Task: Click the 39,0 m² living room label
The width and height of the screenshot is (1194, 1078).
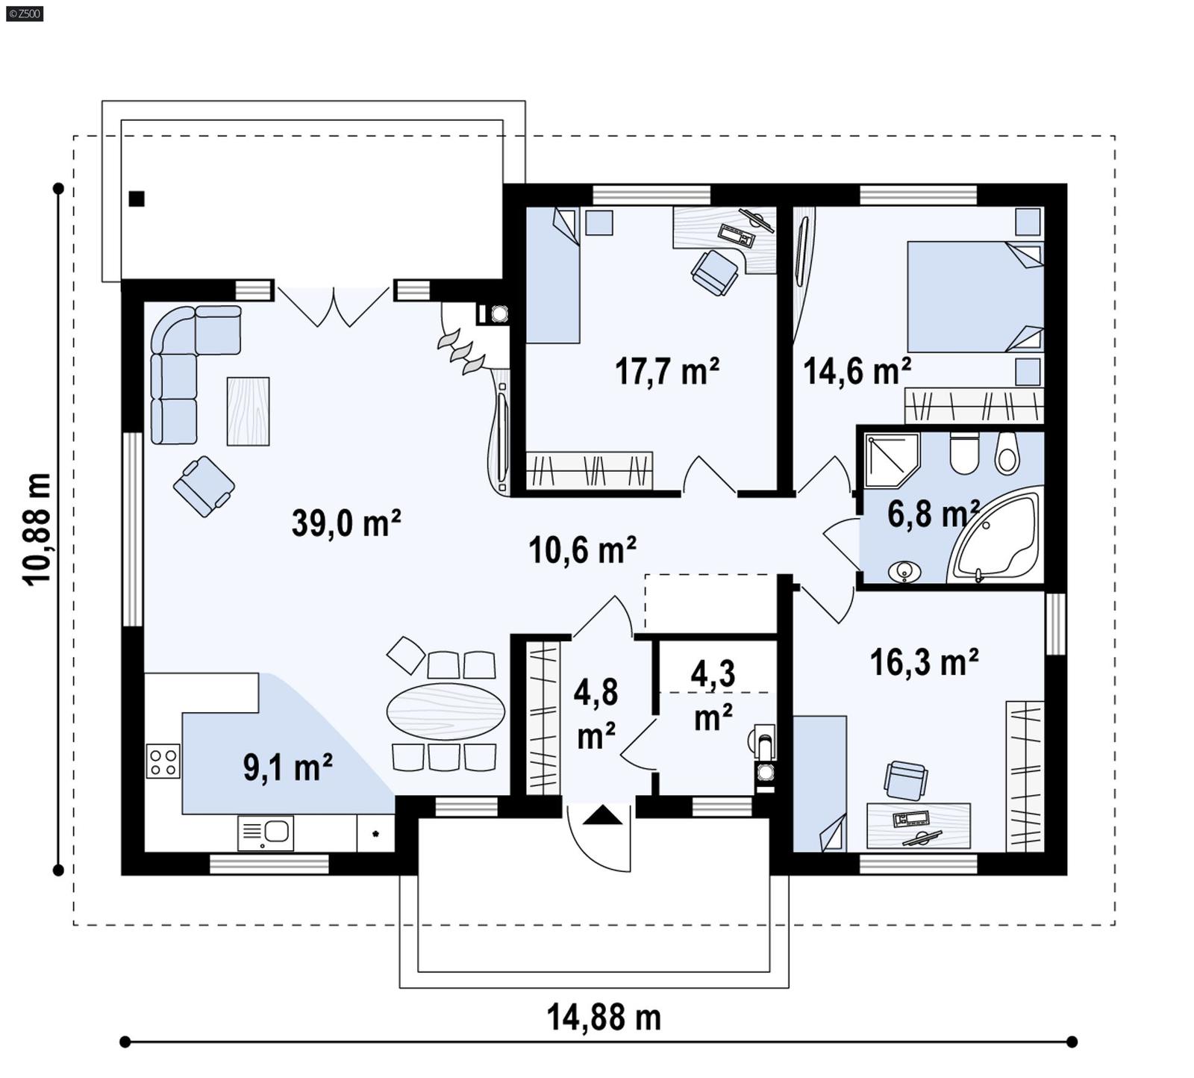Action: tap(346, 523)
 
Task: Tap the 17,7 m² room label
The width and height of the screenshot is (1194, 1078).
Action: tap(666, 371)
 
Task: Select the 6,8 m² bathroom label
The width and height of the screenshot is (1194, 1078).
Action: tap(932, 514)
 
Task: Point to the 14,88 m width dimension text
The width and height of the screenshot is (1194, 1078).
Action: tap(604, 1018)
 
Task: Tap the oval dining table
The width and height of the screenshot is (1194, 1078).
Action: tap(446, 711)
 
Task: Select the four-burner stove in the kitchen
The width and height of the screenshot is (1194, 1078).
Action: tap(163, 761)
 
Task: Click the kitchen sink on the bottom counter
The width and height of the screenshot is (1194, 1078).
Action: tap(266, 832)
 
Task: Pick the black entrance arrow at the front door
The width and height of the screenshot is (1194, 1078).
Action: tap(602, 815)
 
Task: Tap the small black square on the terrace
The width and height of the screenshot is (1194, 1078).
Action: tap(137, 199)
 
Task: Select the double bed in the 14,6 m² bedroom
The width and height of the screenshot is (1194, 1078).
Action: tap(974, 296)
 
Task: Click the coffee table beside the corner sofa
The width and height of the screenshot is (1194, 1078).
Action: tap(248, 411)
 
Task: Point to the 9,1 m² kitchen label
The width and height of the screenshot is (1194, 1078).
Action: tap(287, 767)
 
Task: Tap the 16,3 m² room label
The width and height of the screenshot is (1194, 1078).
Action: tap(924, 662)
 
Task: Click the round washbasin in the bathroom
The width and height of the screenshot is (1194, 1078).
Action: tap(906, 572)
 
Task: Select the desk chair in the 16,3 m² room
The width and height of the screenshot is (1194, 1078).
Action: tap(906, 780)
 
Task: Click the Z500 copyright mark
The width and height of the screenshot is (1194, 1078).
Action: tap(24, 13)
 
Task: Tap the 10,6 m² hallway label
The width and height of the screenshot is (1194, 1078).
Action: tap(582, 550)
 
